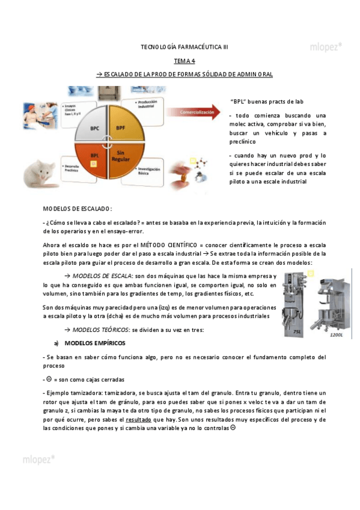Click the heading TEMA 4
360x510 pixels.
pos(184,61)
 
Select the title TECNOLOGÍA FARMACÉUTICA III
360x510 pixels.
pos(184,46)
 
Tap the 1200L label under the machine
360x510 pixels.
pos(335,334)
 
